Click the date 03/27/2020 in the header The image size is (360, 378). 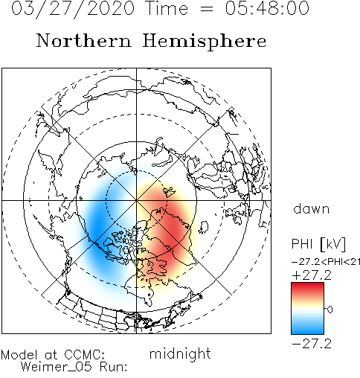pos(73,8)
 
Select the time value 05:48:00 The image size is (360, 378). pos(267,8)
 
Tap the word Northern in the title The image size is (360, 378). pos(84,40)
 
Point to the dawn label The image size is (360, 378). pos(312,208)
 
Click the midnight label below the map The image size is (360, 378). pos(180,353)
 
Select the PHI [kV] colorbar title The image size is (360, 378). pos(318,244)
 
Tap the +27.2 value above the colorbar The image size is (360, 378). pos(312,275)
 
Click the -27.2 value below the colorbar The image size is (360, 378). pos(312,344)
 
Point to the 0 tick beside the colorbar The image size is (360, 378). pos(330,310)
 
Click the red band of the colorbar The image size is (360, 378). pos(307,289)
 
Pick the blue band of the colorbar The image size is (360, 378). pos(307,327)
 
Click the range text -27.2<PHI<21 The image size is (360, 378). pos(326,262)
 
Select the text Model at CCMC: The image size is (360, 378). pos(53,354)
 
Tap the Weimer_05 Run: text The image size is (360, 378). pos(74,367)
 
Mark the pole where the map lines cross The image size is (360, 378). pos(136,200)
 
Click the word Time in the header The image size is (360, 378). pos(167,8)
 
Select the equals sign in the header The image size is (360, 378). pos(207,9)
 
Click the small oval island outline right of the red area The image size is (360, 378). pos(203,227)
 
